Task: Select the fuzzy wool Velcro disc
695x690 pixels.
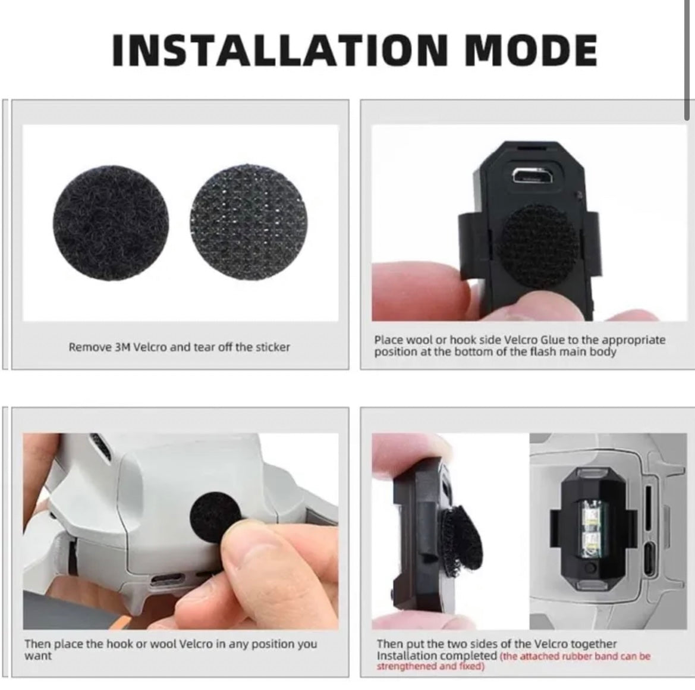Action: point(111,223)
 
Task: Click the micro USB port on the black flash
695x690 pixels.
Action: point(533,176)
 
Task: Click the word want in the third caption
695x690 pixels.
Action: point(38,655)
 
